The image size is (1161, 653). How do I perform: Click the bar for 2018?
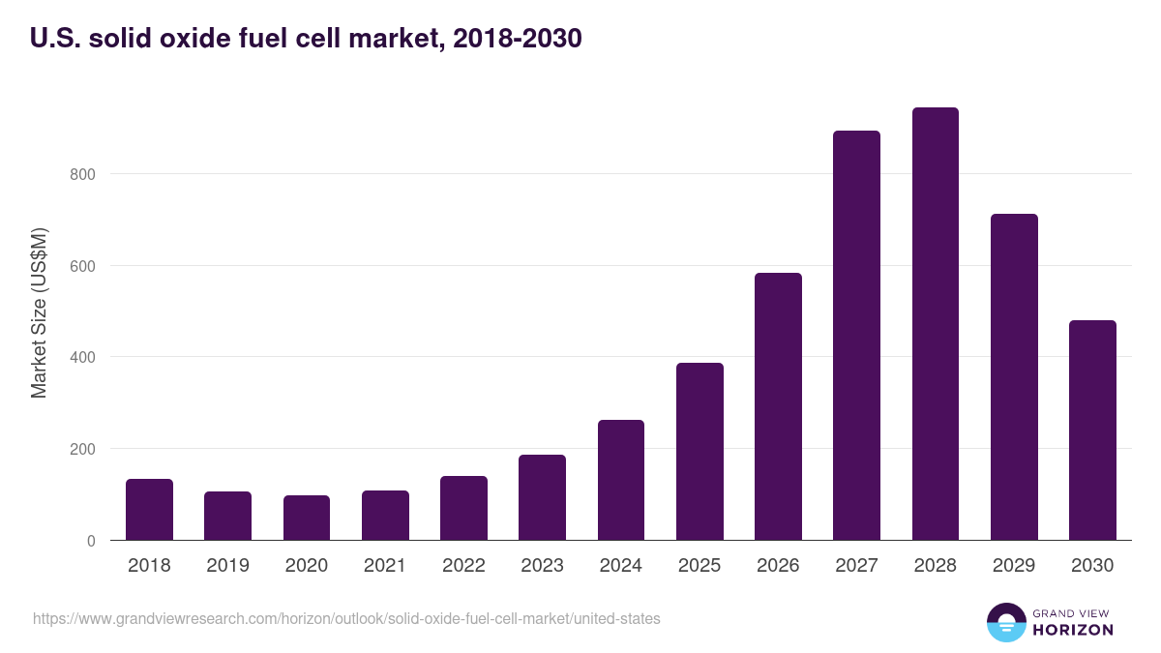149,510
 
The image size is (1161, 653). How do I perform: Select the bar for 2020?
307,518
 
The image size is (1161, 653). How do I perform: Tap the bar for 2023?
542,497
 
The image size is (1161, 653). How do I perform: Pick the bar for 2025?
700,452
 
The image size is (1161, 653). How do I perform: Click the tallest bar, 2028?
936,324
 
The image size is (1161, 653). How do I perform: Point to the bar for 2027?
857,336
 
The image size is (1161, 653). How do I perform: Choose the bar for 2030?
1092,430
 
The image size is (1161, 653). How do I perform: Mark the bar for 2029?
1014,377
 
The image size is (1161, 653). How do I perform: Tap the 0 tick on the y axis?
91,541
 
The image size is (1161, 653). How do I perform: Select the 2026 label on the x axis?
778,566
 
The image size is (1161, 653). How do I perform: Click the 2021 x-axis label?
385,566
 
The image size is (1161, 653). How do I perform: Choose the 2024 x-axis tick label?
620,566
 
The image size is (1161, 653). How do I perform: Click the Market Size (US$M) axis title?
40,313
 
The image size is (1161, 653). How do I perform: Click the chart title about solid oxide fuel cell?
306,40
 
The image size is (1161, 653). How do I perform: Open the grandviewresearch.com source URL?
346,618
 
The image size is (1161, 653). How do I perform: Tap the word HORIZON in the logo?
1073,630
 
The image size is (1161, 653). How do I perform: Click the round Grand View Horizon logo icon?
1006,622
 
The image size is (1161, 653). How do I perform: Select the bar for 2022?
463,508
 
